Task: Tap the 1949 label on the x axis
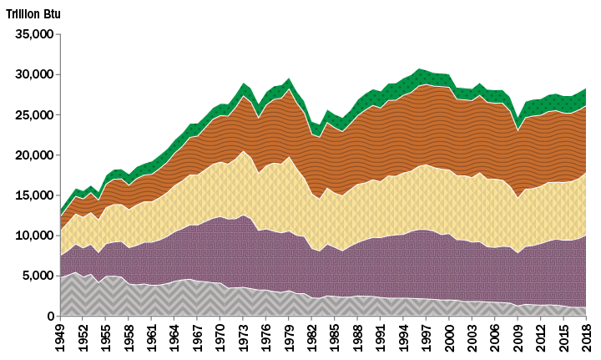point(61,338)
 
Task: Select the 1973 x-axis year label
point(244,338)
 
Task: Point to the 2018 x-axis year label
point(586,338)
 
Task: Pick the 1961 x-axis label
point(152,338)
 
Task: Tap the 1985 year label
point(335,338)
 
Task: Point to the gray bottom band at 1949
point(63,297)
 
